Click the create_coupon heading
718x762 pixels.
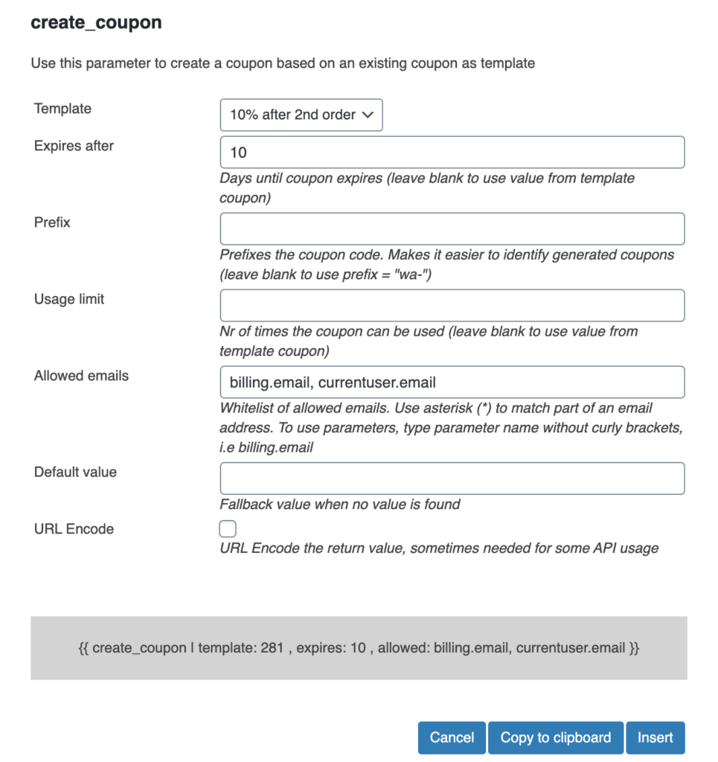(x=96, y=23)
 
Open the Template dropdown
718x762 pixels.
(x=301, y=115)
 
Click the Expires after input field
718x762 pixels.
(x=452, y=153)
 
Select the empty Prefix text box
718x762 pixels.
(x=452, y=229)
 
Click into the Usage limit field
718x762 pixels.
(x=452, y=306)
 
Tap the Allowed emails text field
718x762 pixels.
(x=452, y=382)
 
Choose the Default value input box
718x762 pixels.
(x=452, y=478)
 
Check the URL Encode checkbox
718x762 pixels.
(x=228, y=529)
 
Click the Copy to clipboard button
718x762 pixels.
(x=556, y=737)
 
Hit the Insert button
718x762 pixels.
(x=655, y=737)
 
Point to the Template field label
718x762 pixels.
(x=62, y=109)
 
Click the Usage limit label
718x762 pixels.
(x=69, y=299)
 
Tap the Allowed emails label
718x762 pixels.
(x=81, y=376)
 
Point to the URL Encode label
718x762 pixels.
(x=74, y=529)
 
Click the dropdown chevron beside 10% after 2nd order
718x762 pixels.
(x=367, y=115)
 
